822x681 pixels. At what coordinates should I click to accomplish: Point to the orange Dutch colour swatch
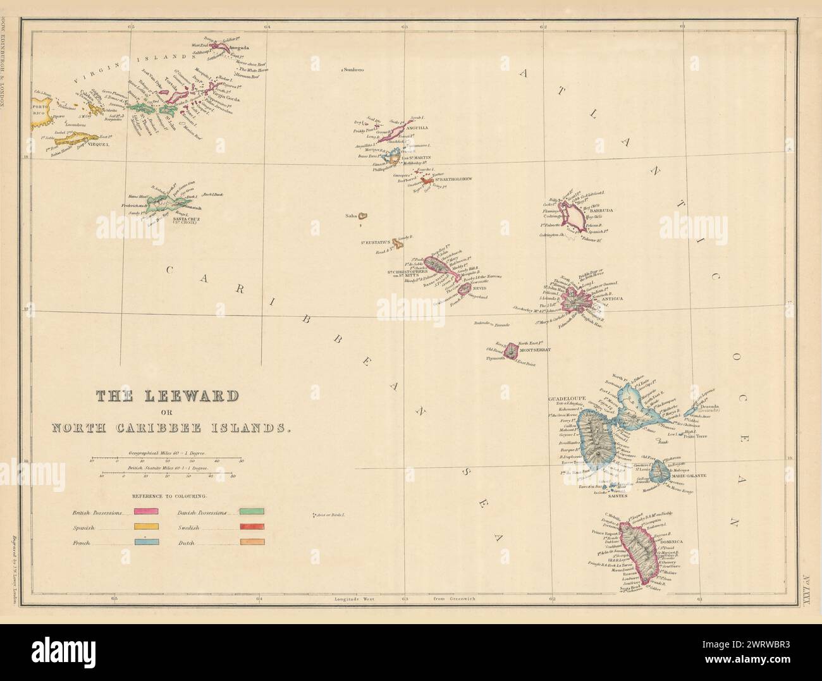click(x=252, y=542)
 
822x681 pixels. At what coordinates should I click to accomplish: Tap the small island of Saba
click(x=363, y=216)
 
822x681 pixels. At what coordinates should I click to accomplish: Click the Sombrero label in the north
click(x=356, y=70)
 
